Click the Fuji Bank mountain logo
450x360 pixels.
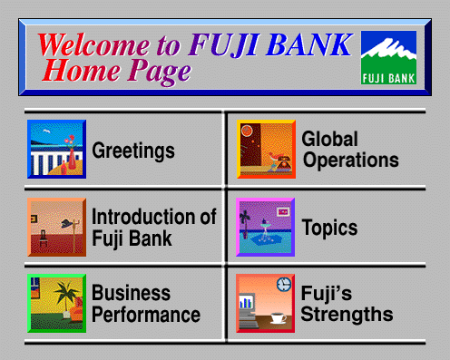point(388,57)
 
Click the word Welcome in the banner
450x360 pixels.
point(93,45)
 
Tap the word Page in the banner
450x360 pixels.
point(159,72)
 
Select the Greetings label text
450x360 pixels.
point(133,151)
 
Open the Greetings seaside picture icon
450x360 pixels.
point(56,149)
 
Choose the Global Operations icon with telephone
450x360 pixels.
point(266,149)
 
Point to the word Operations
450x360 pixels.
point(351,160)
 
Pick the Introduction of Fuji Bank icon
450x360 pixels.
point(56,227)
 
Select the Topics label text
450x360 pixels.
point(329,228)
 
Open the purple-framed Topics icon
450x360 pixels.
point(265,227)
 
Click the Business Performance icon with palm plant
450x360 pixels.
point(56,303)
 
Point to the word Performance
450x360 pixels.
point(146,315)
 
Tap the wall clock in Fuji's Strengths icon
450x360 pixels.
point(284,284)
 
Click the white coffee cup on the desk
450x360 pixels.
point(279,318)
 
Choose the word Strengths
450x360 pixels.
point(347,314)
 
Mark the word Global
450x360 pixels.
point(329,139)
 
